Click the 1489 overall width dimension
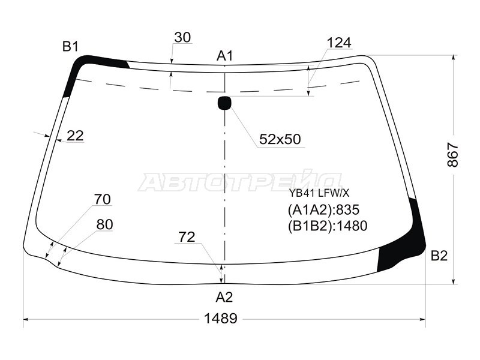click(220, 319)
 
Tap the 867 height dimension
click(453, 155)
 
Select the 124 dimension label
click(339, 43)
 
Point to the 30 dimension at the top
click(182, 37)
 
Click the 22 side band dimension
click(75, 136)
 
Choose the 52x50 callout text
click(280, 139)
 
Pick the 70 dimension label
click(102, 199)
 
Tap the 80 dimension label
click(104, 224)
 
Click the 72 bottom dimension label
click(187, 237)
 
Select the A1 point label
click(225, 56)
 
